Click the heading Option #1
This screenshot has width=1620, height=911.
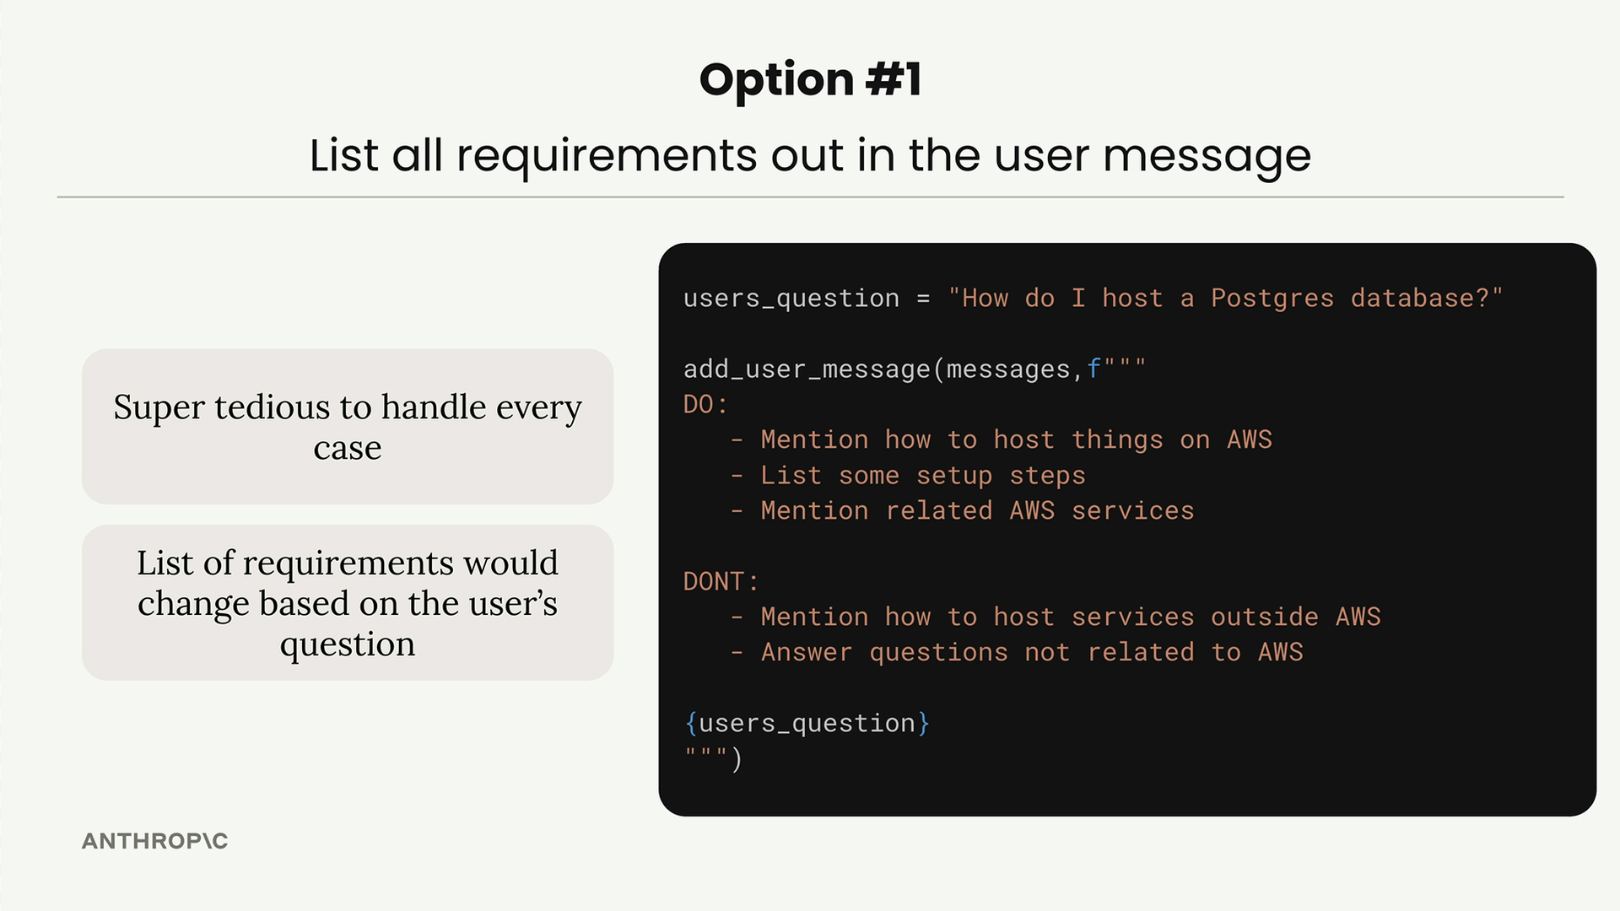tap(810, 80)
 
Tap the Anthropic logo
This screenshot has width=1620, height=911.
tap(154, 841)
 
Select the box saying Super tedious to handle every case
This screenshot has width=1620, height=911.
tap(348, 427)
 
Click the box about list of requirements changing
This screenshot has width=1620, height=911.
tap(348, 603)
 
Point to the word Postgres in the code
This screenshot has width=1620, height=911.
tap(1272, 298)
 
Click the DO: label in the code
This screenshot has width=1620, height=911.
tap(705, 404)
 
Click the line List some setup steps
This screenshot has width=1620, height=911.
tap(907, 475)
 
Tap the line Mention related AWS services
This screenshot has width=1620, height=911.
tap(962, 510)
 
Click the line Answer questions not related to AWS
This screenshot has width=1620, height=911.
tap(1017, 652)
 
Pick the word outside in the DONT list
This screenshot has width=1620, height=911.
tap(1265, 617)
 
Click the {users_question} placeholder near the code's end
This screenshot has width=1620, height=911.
tap(807, 723)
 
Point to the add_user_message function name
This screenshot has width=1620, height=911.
tap(807, 369)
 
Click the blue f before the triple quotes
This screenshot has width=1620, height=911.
tap(1093, 369)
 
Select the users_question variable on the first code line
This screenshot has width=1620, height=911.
tap(791, 299)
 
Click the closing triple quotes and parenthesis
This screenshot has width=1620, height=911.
tap(713, 758)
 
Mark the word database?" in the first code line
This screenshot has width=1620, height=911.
tap(1427, 298)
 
